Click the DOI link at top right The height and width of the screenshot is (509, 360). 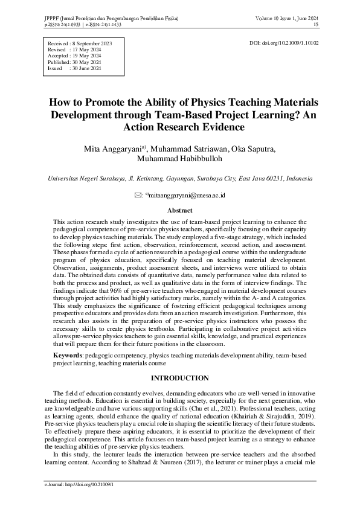284,43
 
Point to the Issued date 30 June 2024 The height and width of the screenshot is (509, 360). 86,68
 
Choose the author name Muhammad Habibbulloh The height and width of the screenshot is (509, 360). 179,159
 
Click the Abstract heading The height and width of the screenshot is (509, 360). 179,210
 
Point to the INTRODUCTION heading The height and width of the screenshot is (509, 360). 179,378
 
